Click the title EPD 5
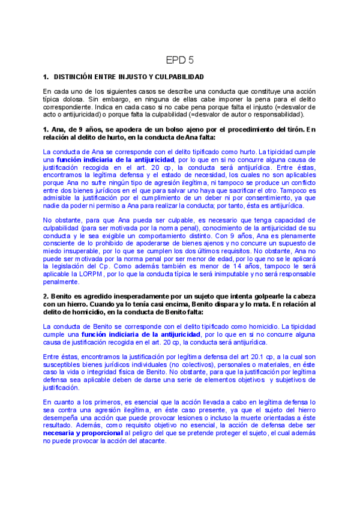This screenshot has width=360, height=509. point(179,61)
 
